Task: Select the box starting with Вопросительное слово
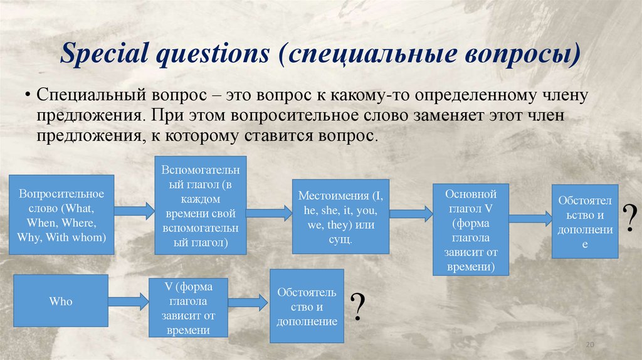(61, 214)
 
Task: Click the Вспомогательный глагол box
(199, 206)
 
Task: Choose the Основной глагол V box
(470, 230)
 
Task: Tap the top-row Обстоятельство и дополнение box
(585, 221)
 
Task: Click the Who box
(61, 302)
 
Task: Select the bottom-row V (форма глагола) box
(188, 309)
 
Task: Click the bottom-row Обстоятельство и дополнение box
(307, 306)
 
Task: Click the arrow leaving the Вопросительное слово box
(134, 211)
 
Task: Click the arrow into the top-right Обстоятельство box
(529, 218)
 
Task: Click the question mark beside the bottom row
(357, 306)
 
